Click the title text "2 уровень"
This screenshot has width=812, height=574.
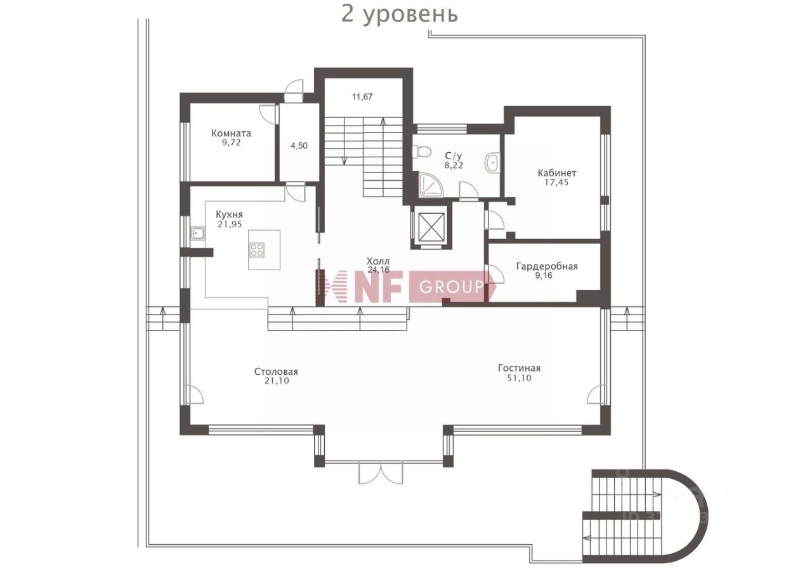click(x=400, y=13)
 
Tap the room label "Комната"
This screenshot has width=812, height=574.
click(x=231, y=133)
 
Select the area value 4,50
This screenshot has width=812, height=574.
click(x=299, y=145)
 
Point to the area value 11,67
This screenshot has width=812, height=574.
click(x=362, y=97)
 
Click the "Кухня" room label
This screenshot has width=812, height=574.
click(x=229, y=214)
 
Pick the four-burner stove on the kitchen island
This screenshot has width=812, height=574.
click(x=257, y=250)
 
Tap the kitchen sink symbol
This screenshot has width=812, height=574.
click(x=198, y=233)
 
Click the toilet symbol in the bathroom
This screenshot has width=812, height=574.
click(x=421, y=152)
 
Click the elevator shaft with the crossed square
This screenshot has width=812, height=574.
click(x=431, y=226)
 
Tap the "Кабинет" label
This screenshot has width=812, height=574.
click(x=557, y=173)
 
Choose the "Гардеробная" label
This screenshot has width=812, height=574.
click(x=546, y=266)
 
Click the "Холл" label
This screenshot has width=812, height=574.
click(x=378, y=261)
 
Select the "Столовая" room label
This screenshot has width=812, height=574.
click(x=276, y=372)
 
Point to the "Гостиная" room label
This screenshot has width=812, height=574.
click(x=519, y=368)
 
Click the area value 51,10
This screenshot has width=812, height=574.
click(x=519, y=378)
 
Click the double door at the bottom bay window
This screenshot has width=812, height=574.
click(x=380, y=473)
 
